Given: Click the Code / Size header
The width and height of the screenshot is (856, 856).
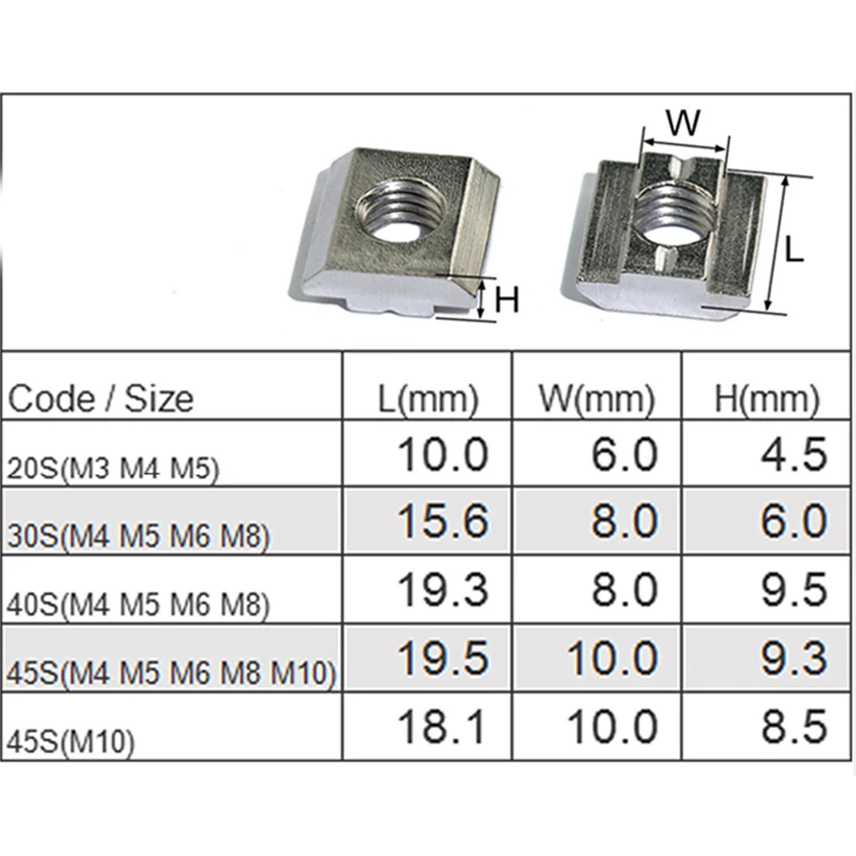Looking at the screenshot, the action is (x=100, y=399).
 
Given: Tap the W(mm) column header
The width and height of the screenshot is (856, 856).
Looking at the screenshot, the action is (x=597, y=399).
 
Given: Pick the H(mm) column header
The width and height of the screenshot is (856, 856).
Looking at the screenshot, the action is (x=767, y=399).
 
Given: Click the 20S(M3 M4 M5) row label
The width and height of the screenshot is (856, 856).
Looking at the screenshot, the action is (x=113, y=469).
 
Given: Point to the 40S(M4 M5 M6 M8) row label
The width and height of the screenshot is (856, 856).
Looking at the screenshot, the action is (x=139, y=604).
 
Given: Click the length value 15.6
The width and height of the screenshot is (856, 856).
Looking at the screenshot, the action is (x=443, y=520).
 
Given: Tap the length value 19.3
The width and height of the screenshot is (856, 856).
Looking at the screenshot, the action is (x=443, y=590).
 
